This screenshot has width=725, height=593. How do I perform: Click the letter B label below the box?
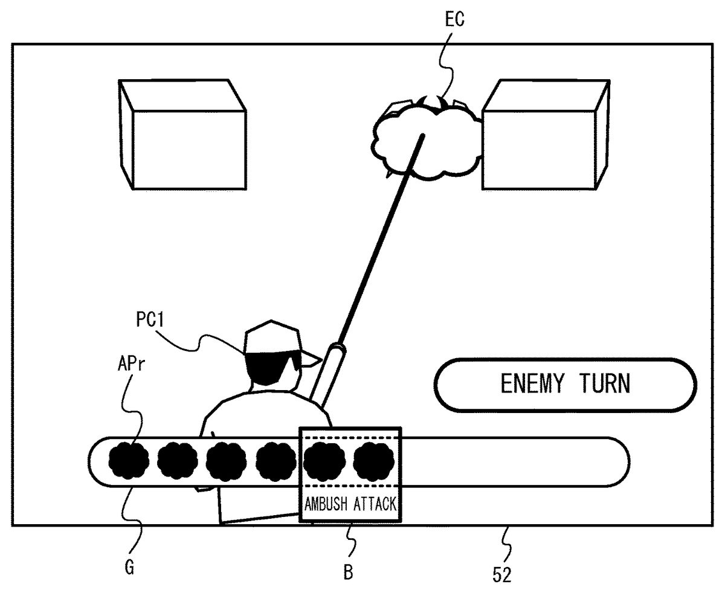pos(348,571)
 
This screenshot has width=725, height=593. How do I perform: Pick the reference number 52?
pos(501,574)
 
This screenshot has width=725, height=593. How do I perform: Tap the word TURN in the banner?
pos(606,384)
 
